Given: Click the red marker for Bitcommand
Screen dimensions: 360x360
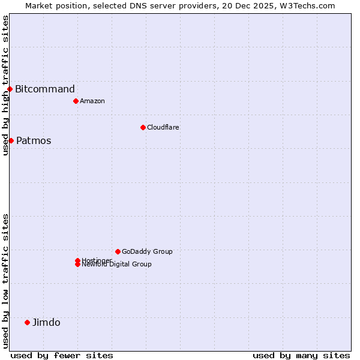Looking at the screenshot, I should click(x=10, y=89).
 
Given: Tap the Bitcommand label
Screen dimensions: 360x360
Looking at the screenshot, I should click(x=45, y=89).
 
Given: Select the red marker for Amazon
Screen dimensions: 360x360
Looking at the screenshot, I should click(x=76, y=101).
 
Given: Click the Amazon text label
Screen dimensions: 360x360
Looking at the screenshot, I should click(x=92, y=101).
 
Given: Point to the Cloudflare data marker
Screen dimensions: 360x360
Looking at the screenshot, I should click(x=143, y=127).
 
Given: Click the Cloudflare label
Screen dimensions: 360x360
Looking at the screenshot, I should click(x=163, y=127).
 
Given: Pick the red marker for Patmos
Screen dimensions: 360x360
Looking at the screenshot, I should click(x=11, y=140).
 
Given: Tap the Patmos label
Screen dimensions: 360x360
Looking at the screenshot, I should click(x=34, y=141).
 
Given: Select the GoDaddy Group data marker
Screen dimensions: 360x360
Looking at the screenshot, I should click(x=118, y=251).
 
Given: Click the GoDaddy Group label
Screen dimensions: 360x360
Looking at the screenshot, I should click(x=147, y=251).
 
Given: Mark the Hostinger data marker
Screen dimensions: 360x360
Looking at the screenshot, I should click(x=77, y=260).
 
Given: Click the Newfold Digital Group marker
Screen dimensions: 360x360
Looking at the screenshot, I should click(x=77, y=265).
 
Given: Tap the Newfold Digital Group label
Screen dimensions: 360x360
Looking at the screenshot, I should click(x=116, y=265).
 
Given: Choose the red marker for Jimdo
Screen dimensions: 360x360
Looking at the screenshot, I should click(x=27, y=322).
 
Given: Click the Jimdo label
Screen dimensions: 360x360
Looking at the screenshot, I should click(x=46, y=323).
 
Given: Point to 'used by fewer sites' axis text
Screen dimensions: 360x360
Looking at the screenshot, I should click(x=62, y=355).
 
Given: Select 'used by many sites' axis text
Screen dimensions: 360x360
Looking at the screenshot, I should click(x=301, y=355).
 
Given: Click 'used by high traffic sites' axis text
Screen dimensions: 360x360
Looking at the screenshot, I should click(x=5, y=85).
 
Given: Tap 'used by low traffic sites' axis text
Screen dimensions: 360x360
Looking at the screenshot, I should click(x=5, y=281).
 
